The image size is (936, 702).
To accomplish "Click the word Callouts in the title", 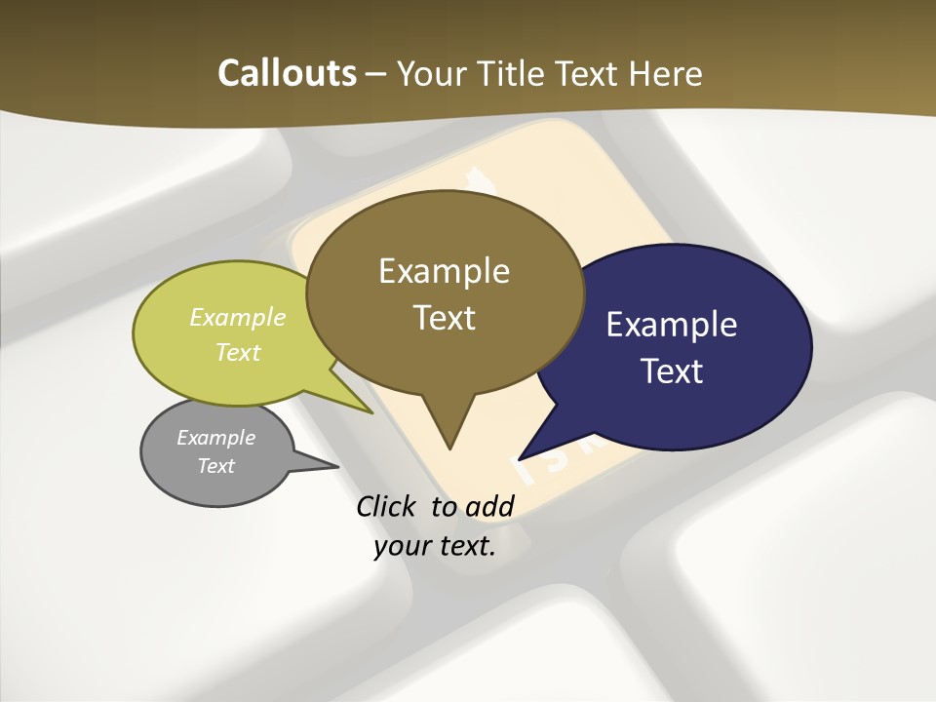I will coord(287,73).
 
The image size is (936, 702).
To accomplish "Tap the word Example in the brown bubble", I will coord(444,271).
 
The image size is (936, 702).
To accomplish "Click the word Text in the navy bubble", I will coord(672,371).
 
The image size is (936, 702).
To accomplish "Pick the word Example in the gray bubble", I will coord(215,438).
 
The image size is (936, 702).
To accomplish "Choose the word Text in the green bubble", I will coord(237,352).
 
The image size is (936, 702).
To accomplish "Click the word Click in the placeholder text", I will coord(388,506).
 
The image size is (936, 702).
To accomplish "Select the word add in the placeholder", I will coord(489,506).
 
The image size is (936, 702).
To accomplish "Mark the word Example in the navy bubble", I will coord(672,325).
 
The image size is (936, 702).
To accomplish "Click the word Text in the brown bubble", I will coord(444,318).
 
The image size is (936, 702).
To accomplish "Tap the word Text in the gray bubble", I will coord(215,466).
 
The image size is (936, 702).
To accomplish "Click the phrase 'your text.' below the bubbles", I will coord(435,546).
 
